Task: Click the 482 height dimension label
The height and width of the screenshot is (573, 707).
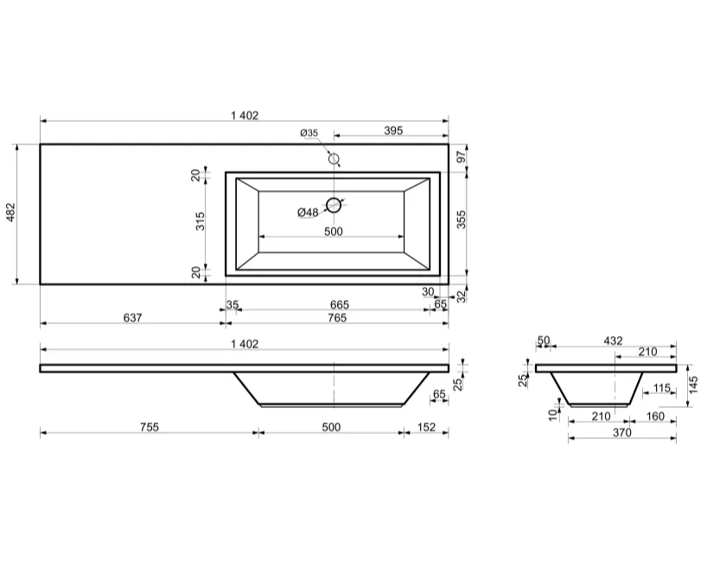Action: tap(10, 213)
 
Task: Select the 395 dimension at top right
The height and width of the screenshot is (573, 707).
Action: tap(393, 131)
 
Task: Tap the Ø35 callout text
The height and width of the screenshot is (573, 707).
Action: tap(309, 132)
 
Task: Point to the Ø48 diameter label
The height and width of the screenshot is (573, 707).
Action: tap(308, 212)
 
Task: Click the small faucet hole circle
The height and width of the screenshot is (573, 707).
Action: tap(334, 159)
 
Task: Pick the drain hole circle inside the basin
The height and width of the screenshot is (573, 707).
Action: tap(334, 205)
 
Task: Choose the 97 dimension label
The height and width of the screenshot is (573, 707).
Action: tap(462, 157)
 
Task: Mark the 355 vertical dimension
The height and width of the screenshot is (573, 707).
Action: tap(462, 220)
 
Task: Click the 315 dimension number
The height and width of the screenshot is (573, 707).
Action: tap(201, 221)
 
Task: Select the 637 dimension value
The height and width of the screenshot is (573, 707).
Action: tap(132, 318)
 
